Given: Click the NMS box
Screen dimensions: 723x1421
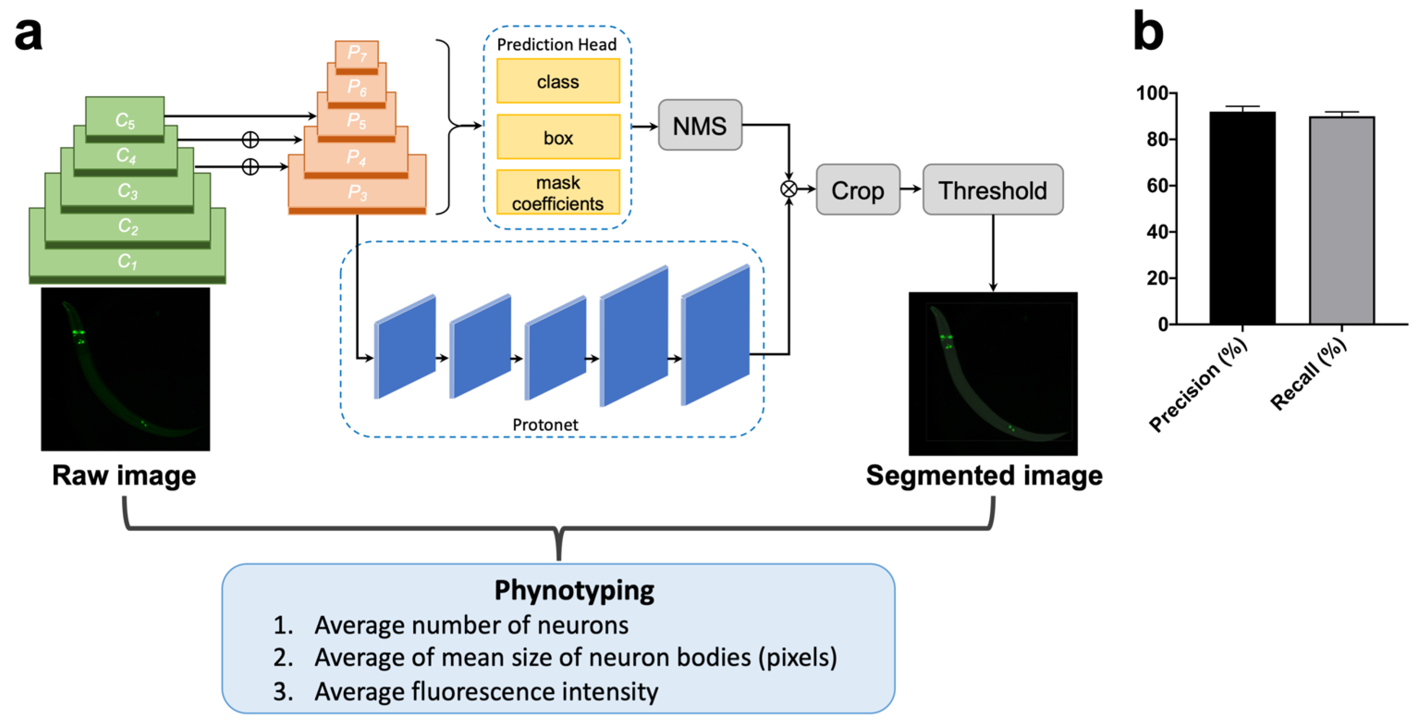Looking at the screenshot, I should point(699,125).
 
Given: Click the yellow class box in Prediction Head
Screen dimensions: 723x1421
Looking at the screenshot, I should point(558,82).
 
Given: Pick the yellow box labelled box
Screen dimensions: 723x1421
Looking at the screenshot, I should point(558,137).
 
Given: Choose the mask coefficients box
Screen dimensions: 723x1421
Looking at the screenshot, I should point(558,192).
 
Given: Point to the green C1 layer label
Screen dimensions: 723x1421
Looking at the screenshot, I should point(127,261).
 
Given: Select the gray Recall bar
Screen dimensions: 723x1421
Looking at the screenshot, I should point(1342,221).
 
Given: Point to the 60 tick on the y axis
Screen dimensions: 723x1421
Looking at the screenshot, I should point(1157,186).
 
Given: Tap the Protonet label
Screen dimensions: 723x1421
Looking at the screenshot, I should point(545,425).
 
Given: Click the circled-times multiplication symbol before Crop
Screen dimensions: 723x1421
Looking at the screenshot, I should point(789,189).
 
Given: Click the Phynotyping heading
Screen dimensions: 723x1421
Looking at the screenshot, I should point(574,590).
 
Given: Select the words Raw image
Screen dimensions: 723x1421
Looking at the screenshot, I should point(124,476).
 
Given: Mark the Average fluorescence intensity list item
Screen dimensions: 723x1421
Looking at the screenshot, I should point(485,692).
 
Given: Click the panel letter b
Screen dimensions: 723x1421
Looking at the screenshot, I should point(1148,32).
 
